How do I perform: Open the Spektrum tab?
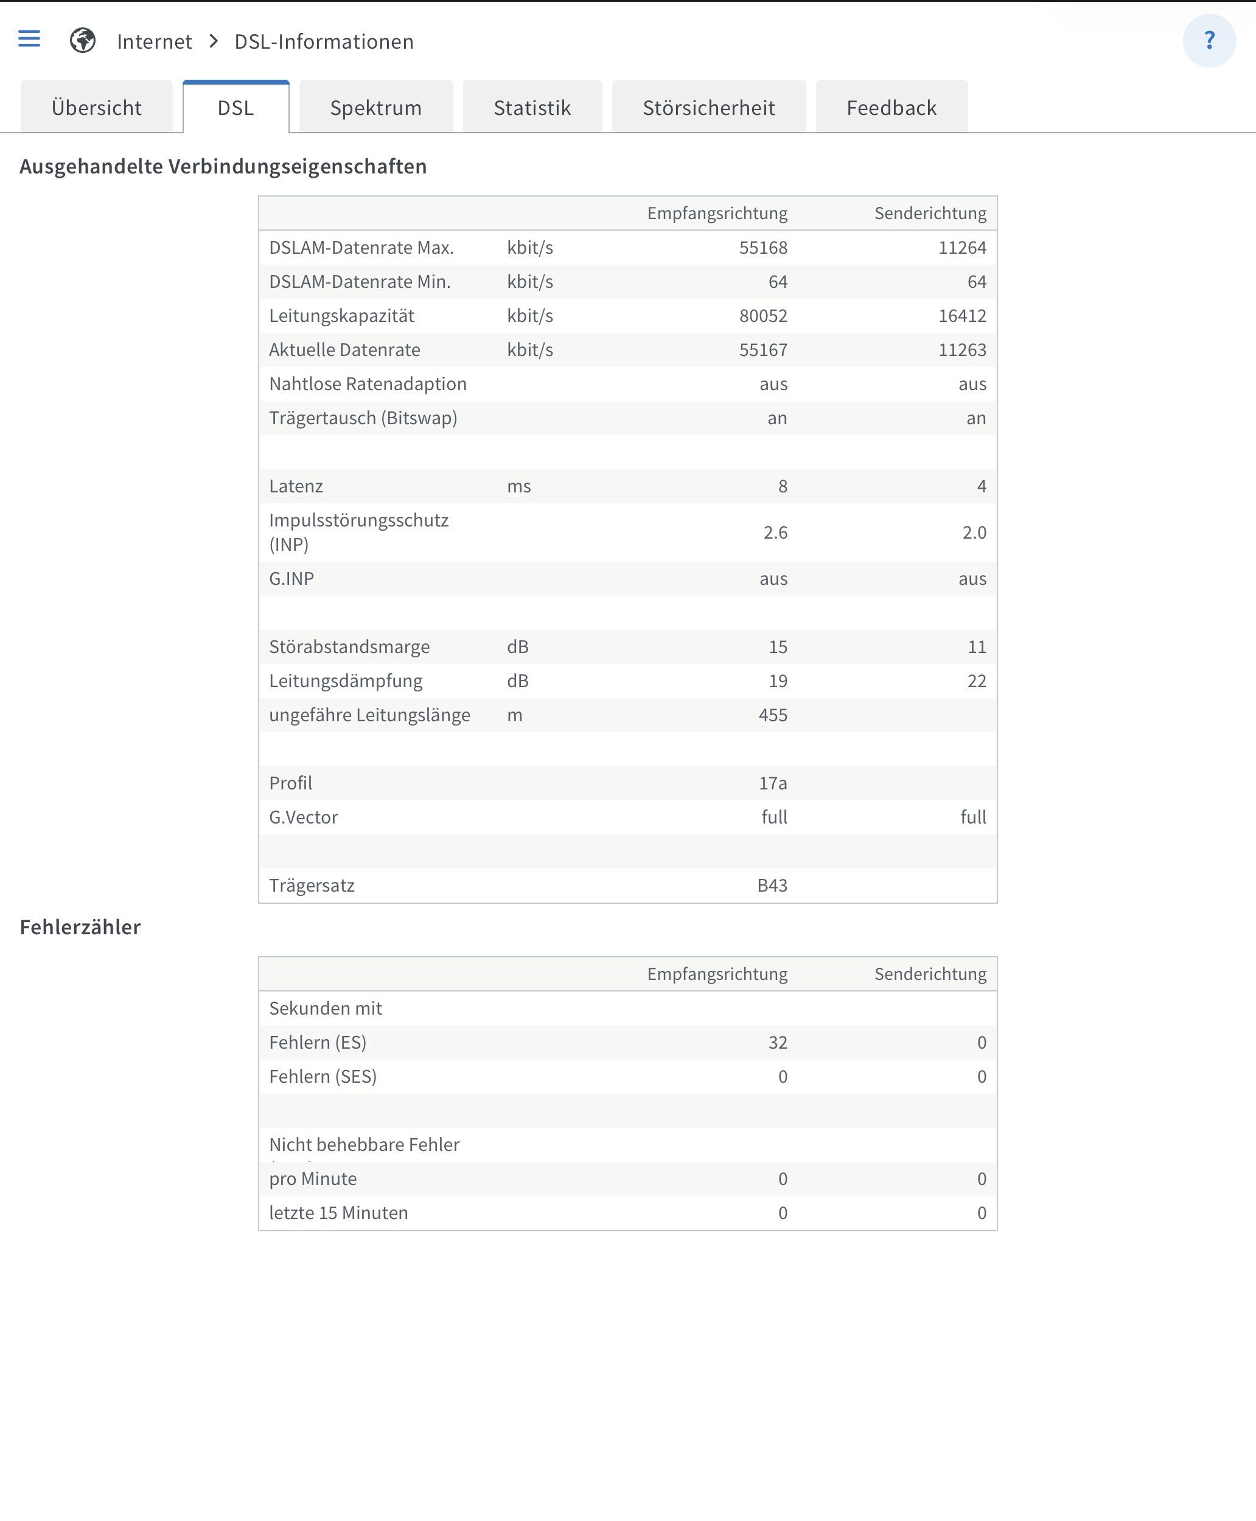[375, 108]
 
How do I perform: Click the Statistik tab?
[532, 108]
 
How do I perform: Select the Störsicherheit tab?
[708, 108]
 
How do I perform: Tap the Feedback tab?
[891, 108]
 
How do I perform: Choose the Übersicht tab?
[96, 108]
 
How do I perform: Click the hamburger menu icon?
[29, 39]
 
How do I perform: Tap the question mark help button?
[1209, 41]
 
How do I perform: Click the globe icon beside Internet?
[83, 41]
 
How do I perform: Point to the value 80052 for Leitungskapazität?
[762, 315]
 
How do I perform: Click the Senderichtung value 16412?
[961, 315]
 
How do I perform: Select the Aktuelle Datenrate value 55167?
[762, 349]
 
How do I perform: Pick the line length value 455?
[772, 715]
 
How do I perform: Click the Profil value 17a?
[772, 783]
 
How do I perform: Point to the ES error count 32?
[777, 1042]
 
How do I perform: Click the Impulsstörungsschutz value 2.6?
[775, 533]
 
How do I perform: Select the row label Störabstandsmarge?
[349, 647]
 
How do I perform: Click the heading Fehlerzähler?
[80, 927]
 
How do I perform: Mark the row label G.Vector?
[303, 817]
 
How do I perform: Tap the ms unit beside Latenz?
[518, 486]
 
